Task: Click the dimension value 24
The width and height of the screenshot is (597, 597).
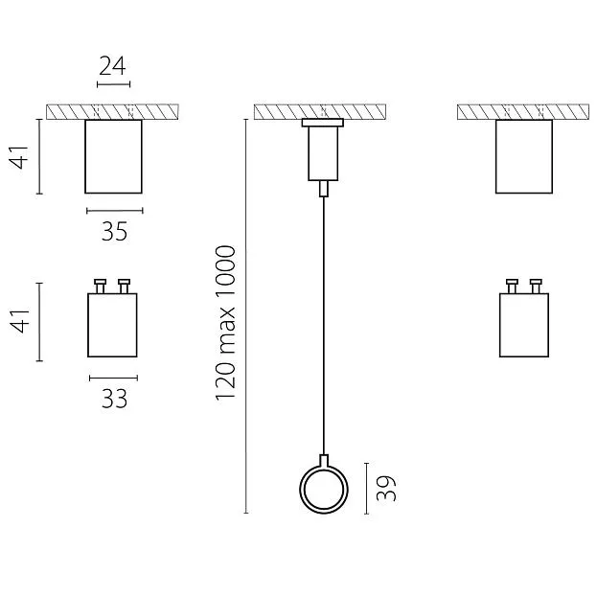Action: click(x=112, y=66)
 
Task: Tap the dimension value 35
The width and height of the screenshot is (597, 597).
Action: click(x=114, y=232)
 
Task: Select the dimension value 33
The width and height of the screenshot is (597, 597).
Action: click(x=114, y=399)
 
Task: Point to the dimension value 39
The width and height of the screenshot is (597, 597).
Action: click(x=386, y=488)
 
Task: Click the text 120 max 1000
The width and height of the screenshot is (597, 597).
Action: click(x=225, y=323)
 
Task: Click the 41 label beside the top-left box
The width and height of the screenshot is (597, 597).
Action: click(x=19, y=156)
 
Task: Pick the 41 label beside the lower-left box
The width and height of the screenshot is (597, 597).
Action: click(x=19, y=321)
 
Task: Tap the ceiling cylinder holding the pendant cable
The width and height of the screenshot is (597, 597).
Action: click(x=323, y=153)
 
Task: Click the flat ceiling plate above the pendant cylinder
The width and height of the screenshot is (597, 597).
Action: click(x=323, y=123)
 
